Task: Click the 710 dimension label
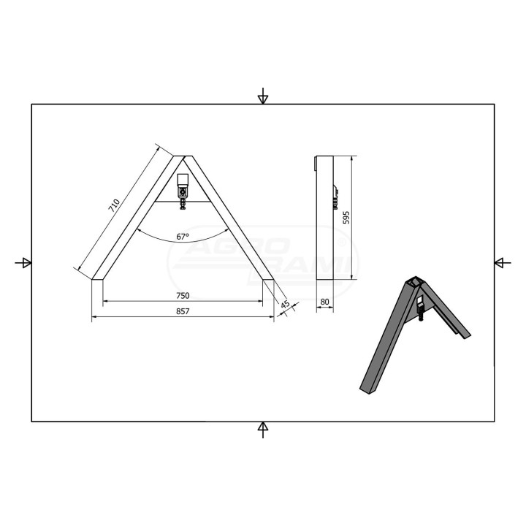[114, 205]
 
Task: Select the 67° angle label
[183, 237]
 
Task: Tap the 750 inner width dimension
[183, 296]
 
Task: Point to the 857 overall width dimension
[183, 311]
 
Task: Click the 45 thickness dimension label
[285, 305]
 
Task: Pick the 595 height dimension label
[346, 218]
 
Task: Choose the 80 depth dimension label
[324, 302]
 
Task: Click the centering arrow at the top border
[263, 96]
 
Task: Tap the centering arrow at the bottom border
[263, 430]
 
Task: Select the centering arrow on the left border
[23, 263]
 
